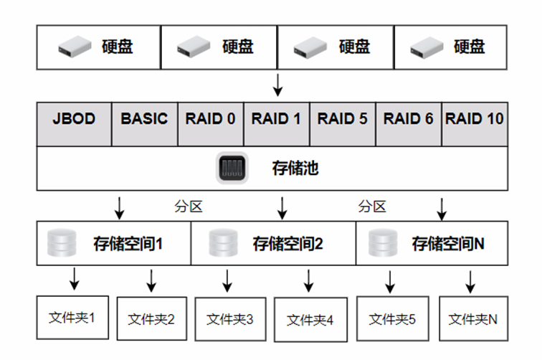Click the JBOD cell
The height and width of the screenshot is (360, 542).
(74, 118)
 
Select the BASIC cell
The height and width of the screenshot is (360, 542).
(144, 118)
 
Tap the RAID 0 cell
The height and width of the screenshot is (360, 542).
(210, 118)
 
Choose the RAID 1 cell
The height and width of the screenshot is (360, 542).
(276, 118)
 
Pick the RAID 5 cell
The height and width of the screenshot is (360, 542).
(342, 118)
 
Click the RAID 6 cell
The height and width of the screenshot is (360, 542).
(408, 118)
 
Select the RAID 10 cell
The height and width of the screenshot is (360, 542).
(474, 118)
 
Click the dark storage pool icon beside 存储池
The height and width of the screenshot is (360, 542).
(232, 169)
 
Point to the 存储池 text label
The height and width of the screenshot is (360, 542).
(295, 169)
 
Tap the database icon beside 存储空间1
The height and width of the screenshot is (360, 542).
(61, 243)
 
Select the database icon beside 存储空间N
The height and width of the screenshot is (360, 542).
(382, 243)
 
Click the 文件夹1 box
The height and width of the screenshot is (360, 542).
(72, 317)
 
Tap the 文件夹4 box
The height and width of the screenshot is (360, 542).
(310, 320)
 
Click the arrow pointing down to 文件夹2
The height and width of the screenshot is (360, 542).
(151, 280)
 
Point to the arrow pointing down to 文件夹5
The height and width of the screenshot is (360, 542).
(390, 280)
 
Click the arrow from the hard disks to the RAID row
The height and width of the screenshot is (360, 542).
(278, 85)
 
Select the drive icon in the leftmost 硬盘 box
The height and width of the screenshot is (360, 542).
(75, 47)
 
